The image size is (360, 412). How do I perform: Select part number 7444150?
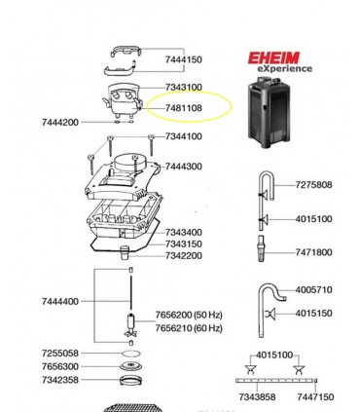tap(184, 60)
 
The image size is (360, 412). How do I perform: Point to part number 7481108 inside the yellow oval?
tap(184, 107)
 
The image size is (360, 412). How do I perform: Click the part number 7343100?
tap(184, 88)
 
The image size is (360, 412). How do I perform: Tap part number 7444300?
tap(184, 167)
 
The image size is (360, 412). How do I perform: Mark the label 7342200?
tap(184, 255)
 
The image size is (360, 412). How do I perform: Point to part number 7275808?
tap(313, 185)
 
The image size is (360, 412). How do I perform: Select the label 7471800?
tap(313, 252)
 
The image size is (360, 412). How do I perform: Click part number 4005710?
tap(313, 289)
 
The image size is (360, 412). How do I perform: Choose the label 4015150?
tap(313, 314)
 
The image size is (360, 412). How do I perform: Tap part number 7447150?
tap(315, 397)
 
